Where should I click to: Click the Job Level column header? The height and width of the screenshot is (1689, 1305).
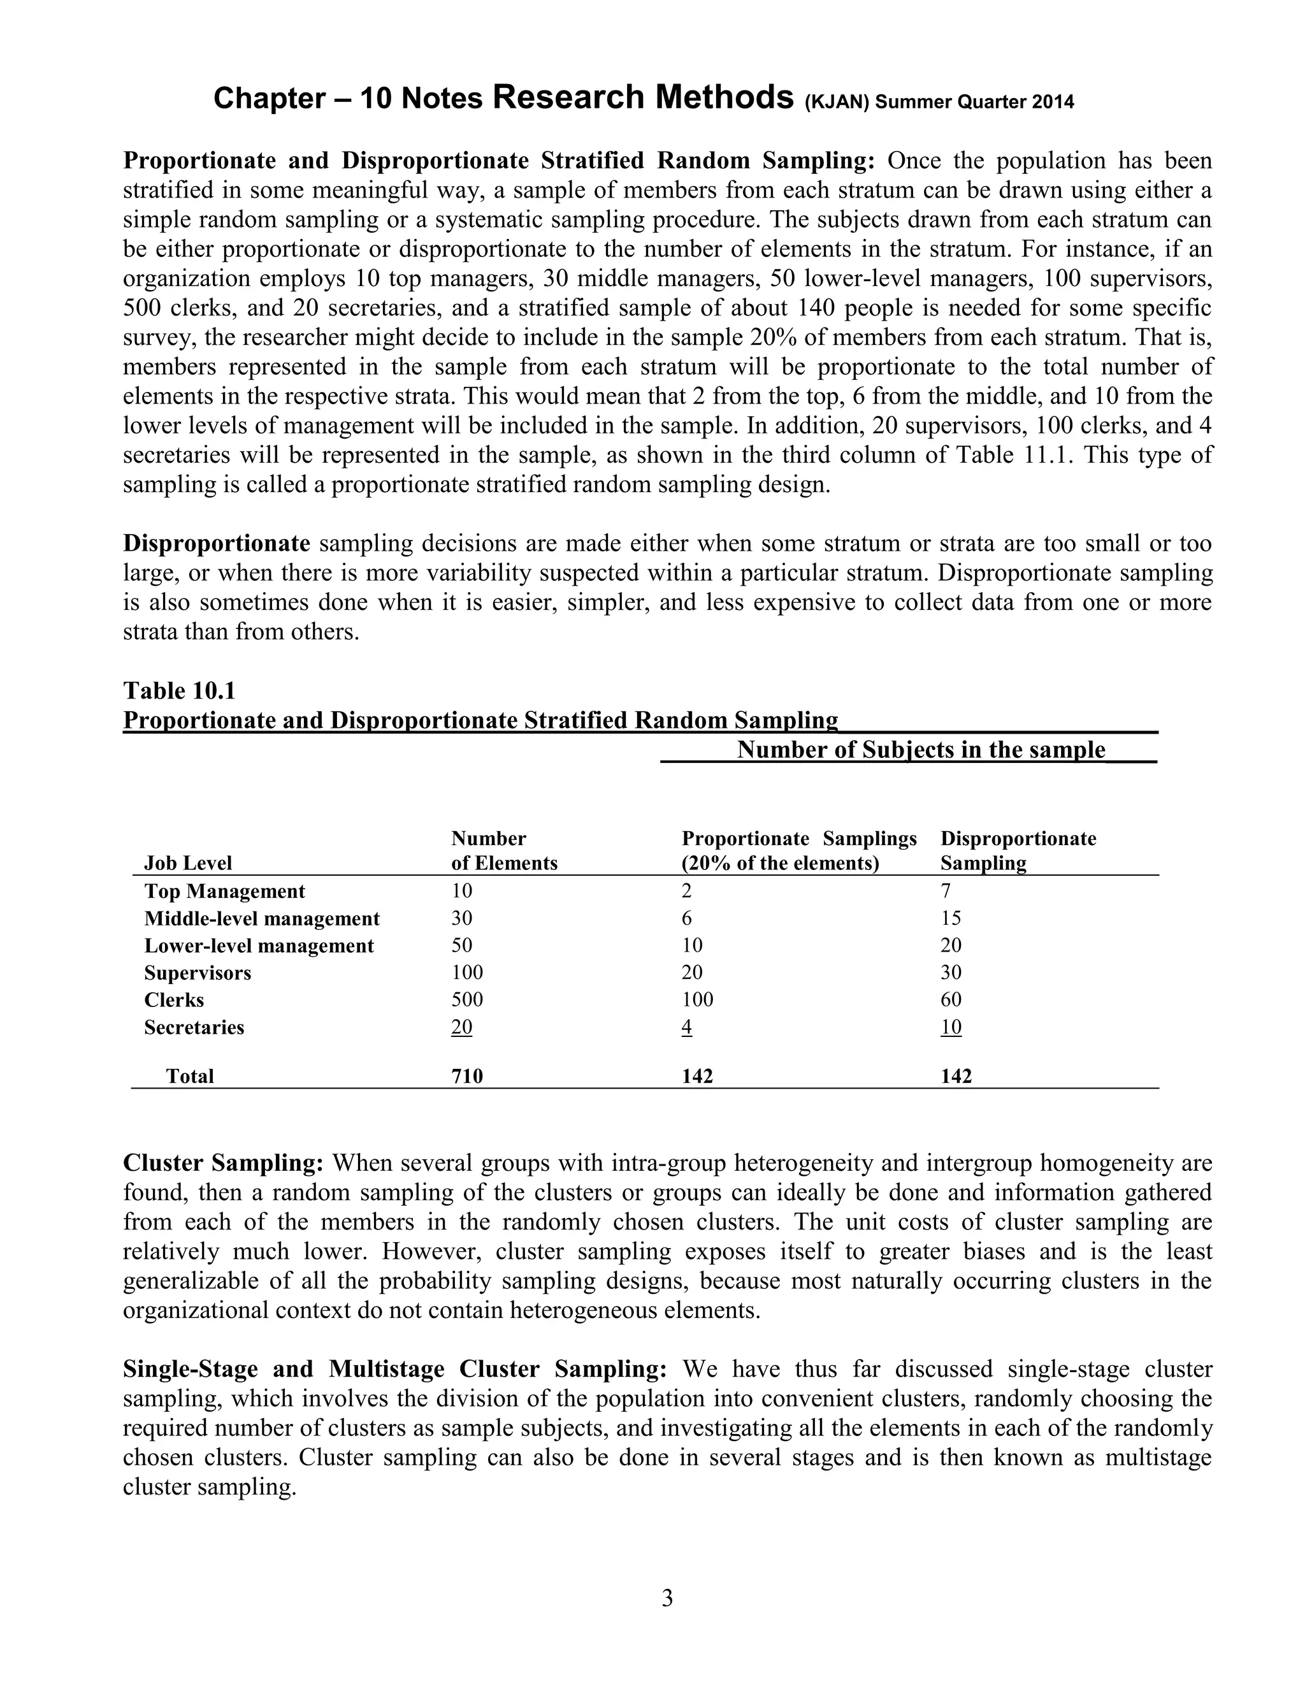188,863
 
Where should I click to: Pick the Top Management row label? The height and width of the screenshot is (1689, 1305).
224,891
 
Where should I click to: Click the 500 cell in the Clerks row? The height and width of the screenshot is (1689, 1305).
467,999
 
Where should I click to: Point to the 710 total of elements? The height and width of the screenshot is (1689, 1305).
467,1076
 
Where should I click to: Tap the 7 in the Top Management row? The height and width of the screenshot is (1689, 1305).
946,891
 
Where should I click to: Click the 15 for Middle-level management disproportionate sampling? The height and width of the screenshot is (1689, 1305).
951,918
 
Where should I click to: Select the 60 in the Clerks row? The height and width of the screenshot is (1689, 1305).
951,999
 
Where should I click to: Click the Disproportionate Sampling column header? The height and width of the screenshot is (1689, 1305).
1018,851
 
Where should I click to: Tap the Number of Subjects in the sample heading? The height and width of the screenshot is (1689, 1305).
921,750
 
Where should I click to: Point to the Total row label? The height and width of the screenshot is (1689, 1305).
189,1076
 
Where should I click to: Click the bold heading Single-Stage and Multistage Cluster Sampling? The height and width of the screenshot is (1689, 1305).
394,1369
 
